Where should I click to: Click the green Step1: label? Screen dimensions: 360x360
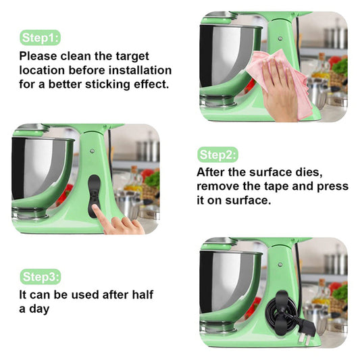(x=40, y=37)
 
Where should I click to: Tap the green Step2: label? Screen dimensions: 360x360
(x=217, y=155)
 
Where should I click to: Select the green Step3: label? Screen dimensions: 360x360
(x=40, y=277)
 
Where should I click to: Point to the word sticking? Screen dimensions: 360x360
(x=107, y=84)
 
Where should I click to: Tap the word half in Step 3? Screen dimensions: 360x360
(x=143, y=294)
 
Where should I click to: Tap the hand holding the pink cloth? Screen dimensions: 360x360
(x=280, y=91)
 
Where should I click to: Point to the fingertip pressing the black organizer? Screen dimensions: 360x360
(x=95, y=207)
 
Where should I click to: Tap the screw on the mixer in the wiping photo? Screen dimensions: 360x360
(x=280, y=38)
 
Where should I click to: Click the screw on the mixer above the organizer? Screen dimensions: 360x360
(x=93, y=151)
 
